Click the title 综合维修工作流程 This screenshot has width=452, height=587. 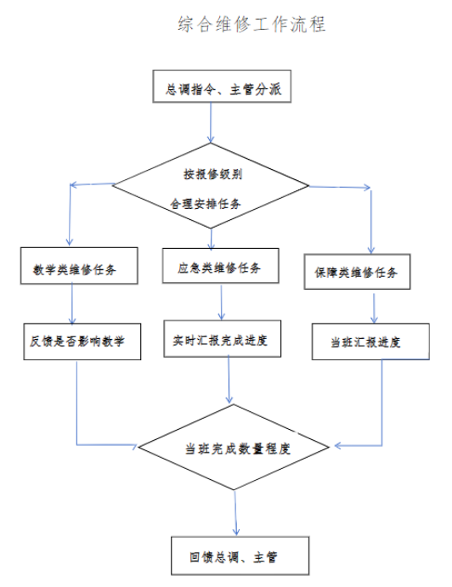(251, 25)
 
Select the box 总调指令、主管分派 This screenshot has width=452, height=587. (222, 86)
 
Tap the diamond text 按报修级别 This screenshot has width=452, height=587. (212, 174)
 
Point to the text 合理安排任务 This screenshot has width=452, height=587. (206, 204)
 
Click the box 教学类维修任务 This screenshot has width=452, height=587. (79, 266)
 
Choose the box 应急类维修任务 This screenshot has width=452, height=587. (221, 265)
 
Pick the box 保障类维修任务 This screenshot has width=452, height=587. (357, 272)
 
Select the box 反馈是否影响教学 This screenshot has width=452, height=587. (82, 341)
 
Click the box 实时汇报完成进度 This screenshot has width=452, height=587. (222, 338)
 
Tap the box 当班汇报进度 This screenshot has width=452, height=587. (370, 341)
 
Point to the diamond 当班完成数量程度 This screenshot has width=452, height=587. (234, 447)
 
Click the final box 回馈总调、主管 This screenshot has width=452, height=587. (240, 556)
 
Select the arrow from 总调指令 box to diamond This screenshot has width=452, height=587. (211, 123)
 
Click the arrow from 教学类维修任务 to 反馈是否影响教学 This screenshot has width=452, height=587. (72, 304)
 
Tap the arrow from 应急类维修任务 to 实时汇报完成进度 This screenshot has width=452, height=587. (221, 302)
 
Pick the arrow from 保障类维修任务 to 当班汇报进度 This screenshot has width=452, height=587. (374, 308)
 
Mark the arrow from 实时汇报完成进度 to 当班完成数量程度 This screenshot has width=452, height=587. (229, 380)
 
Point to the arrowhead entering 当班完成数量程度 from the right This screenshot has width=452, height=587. (337, 445)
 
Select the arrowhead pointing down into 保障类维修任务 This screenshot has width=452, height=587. (371, 251)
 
